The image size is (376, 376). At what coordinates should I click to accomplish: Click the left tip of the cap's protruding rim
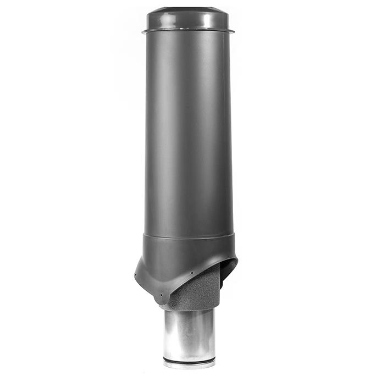tap(142, 31)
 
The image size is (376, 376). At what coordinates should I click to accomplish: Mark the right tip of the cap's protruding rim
tap(233, 31)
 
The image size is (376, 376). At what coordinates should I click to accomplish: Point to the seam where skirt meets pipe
tap(187, 235)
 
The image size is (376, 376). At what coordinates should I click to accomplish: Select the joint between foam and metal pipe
tap(190, 309)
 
